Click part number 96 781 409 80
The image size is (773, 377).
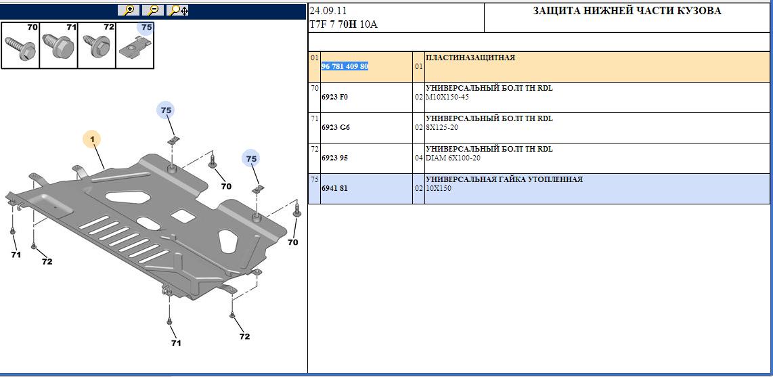(x=345, y=66)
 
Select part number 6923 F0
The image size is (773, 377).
(x=334, y=97)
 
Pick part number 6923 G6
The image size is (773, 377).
(x=335, y=128)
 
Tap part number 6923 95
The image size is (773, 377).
(x=334, y=158)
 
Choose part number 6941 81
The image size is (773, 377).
(x=334, y=188)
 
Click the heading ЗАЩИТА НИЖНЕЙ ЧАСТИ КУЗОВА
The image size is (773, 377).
(x=627, y=11)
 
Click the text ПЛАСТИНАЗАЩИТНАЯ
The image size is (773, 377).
(x=470, y=58)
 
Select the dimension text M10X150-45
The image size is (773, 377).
(x=447, y=97)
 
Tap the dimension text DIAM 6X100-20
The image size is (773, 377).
(x=453, y=158)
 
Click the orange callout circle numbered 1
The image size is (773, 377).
(x=91, y=139)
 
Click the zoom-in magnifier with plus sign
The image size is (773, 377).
(x=129, y=10)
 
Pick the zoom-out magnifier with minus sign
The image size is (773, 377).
(x=154, y=10)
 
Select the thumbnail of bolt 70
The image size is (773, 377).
(x=20, y=45)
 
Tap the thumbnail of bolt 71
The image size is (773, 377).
(x=58, y=45)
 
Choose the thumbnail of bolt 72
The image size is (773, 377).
(x=96, y=45)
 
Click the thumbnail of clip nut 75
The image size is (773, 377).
(x=135, y=45)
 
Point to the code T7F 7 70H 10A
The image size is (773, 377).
(x=344, y=24)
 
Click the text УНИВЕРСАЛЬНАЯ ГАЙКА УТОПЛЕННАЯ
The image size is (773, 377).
(x=504, y=179)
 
